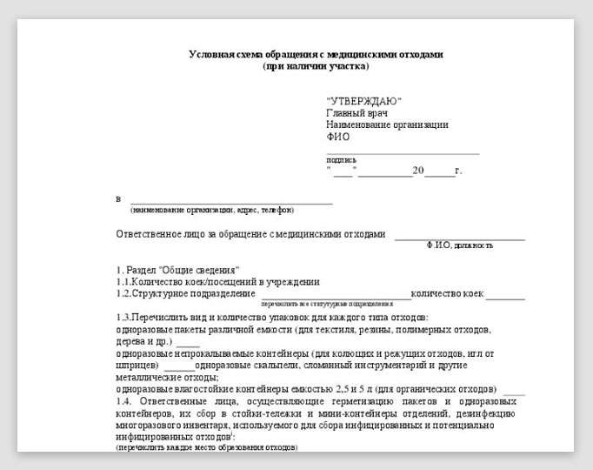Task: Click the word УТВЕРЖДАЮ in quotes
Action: pos(363,102)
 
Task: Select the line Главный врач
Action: pos(356,113)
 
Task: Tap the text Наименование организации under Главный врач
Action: pos(387,124)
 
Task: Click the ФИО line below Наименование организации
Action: pos(337,137)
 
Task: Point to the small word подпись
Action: pos(341,160)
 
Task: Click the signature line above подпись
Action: pos(402,153)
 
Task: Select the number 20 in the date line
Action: pos(418,171)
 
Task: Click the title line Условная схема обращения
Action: pos(316,54)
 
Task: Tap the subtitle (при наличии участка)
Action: pos(316,65)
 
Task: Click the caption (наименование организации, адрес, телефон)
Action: pos(212,210)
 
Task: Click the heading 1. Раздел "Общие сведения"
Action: pos(177,270)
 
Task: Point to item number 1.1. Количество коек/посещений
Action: pos(217,282)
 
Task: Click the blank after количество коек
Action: pos(505,296)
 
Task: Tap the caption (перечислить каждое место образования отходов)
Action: pos(206,447)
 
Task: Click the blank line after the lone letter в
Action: pos(231,202)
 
